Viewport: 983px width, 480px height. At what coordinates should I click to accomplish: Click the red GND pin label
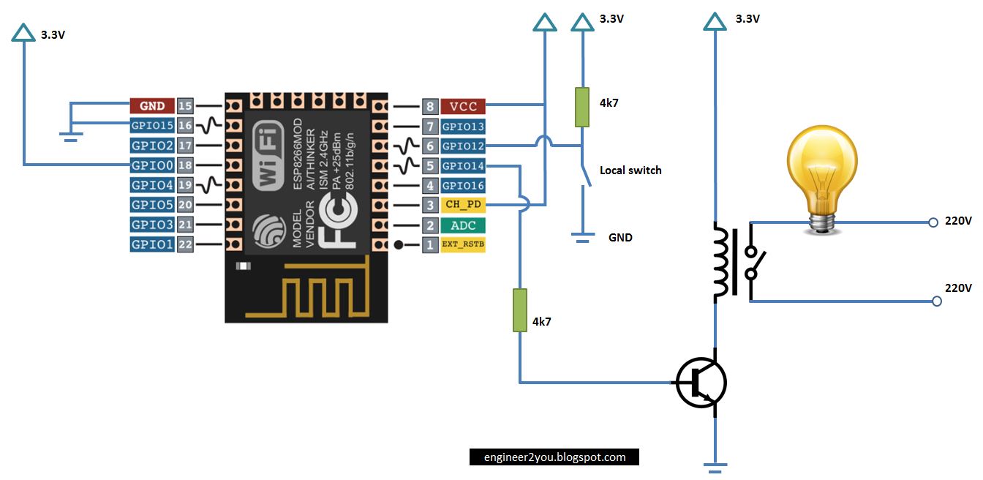(152, 106)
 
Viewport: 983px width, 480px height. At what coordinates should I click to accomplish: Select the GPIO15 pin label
(152, 126)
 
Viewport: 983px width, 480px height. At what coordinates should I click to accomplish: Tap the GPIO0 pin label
(152, 165)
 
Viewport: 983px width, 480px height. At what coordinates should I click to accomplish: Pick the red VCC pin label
(463, 106)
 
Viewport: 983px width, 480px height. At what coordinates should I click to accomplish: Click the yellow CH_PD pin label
(463, 205)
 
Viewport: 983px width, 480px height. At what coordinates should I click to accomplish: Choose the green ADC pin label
(463, 225)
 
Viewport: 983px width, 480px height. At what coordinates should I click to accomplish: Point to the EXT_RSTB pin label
(463, 245)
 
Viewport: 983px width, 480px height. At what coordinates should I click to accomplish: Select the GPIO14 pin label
(463, 166)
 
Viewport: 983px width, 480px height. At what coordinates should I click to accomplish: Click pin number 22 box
(185, 244)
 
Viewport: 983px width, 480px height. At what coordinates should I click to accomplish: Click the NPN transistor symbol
(701, 382)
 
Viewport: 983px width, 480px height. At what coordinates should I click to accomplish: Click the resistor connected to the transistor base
(519, 310)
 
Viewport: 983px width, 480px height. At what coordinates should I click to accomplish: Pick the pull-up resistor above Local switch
(582, 107)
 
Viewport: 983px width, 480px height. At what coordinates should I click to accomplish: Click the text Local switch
(630, 170)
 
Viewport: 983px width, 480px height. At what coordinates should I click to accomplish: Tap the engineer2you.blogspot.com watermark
(554, 457)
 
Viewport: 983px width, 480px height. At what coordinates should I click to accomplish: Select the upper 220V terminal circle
(933, 222)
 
